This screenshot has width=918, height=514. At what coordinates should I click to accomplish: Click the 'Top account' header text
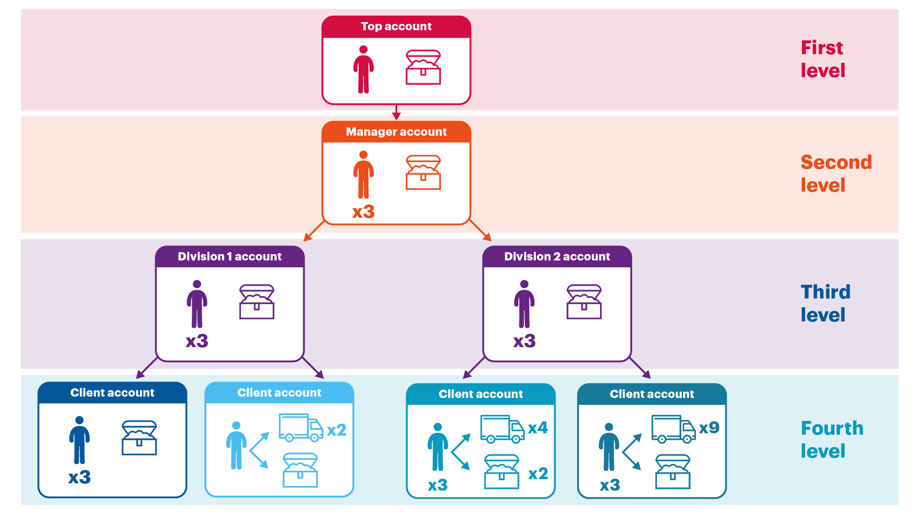tap(396, 27)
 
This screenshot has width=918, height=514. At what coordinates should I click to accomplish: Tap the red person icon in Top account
tap(363, 69)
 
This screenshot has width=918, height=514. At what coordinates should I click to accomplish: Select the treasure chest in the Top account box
tap(423, 67)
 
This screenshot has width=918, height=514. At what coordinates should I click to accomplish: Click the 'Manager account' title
tap(396, 132)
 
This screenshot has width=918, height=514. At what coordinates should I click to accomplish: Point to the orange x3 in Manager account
tap(363, 212)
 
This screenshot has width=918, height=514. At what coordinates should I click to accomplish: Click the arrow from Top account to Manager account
tap(396, 112)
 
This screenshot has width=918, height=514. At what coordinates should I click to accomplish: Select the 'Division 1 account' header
tap(229, 257)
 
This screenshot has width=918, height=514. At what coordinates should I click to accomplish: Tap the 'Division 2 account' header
tap(557, 257)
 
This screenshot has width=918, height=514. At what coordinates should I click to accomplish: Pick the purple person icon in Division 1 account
tap(197, 304)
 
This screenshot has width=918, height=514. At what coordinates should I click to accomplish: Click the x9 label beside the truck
tap(709, 428)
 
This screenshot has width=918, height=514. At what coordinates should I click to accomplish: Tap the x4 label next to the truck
tap(538, 428)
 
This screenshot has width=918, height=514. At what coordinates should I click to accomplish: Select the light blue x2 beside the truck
tap(336, 430)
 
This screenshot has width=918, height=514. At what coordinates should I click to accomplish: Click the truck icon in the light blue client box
tap(301, 427)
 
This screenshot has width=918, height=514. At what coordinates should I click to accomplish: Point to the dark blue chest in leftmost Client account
tap(139, 438)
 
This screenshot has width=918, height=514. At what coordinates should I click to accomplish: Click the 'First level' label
tap(823, 59)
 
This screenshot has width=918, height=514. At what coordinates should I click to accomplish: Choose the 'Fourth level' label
tap(832, 440)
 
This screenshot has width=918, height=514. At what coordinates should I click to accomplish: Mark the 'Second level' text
tap(835, 174)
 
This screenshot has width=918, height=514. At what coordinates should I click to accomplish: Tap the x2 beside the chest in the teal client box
tap(538, 474)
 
